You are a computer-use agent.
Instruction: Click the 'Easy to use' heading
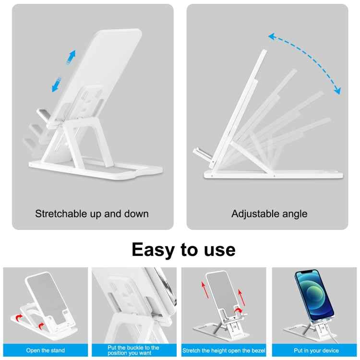tap(183, 250)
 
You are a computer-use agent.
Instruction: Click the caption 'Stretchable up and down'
tap(92, 214)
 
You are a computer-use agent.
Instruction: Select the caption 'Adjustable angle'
tap(269, 214)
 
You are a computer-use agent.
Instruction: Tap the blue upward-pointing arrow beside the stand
tap(71, 57)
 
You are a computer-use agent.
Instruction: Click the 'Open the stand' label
tap(46, 350)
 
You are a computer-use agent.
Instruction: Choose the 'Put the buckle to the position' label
tap(134, 350)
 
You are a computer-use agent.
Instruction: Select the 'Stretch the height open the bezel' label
tap(224, 350)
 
